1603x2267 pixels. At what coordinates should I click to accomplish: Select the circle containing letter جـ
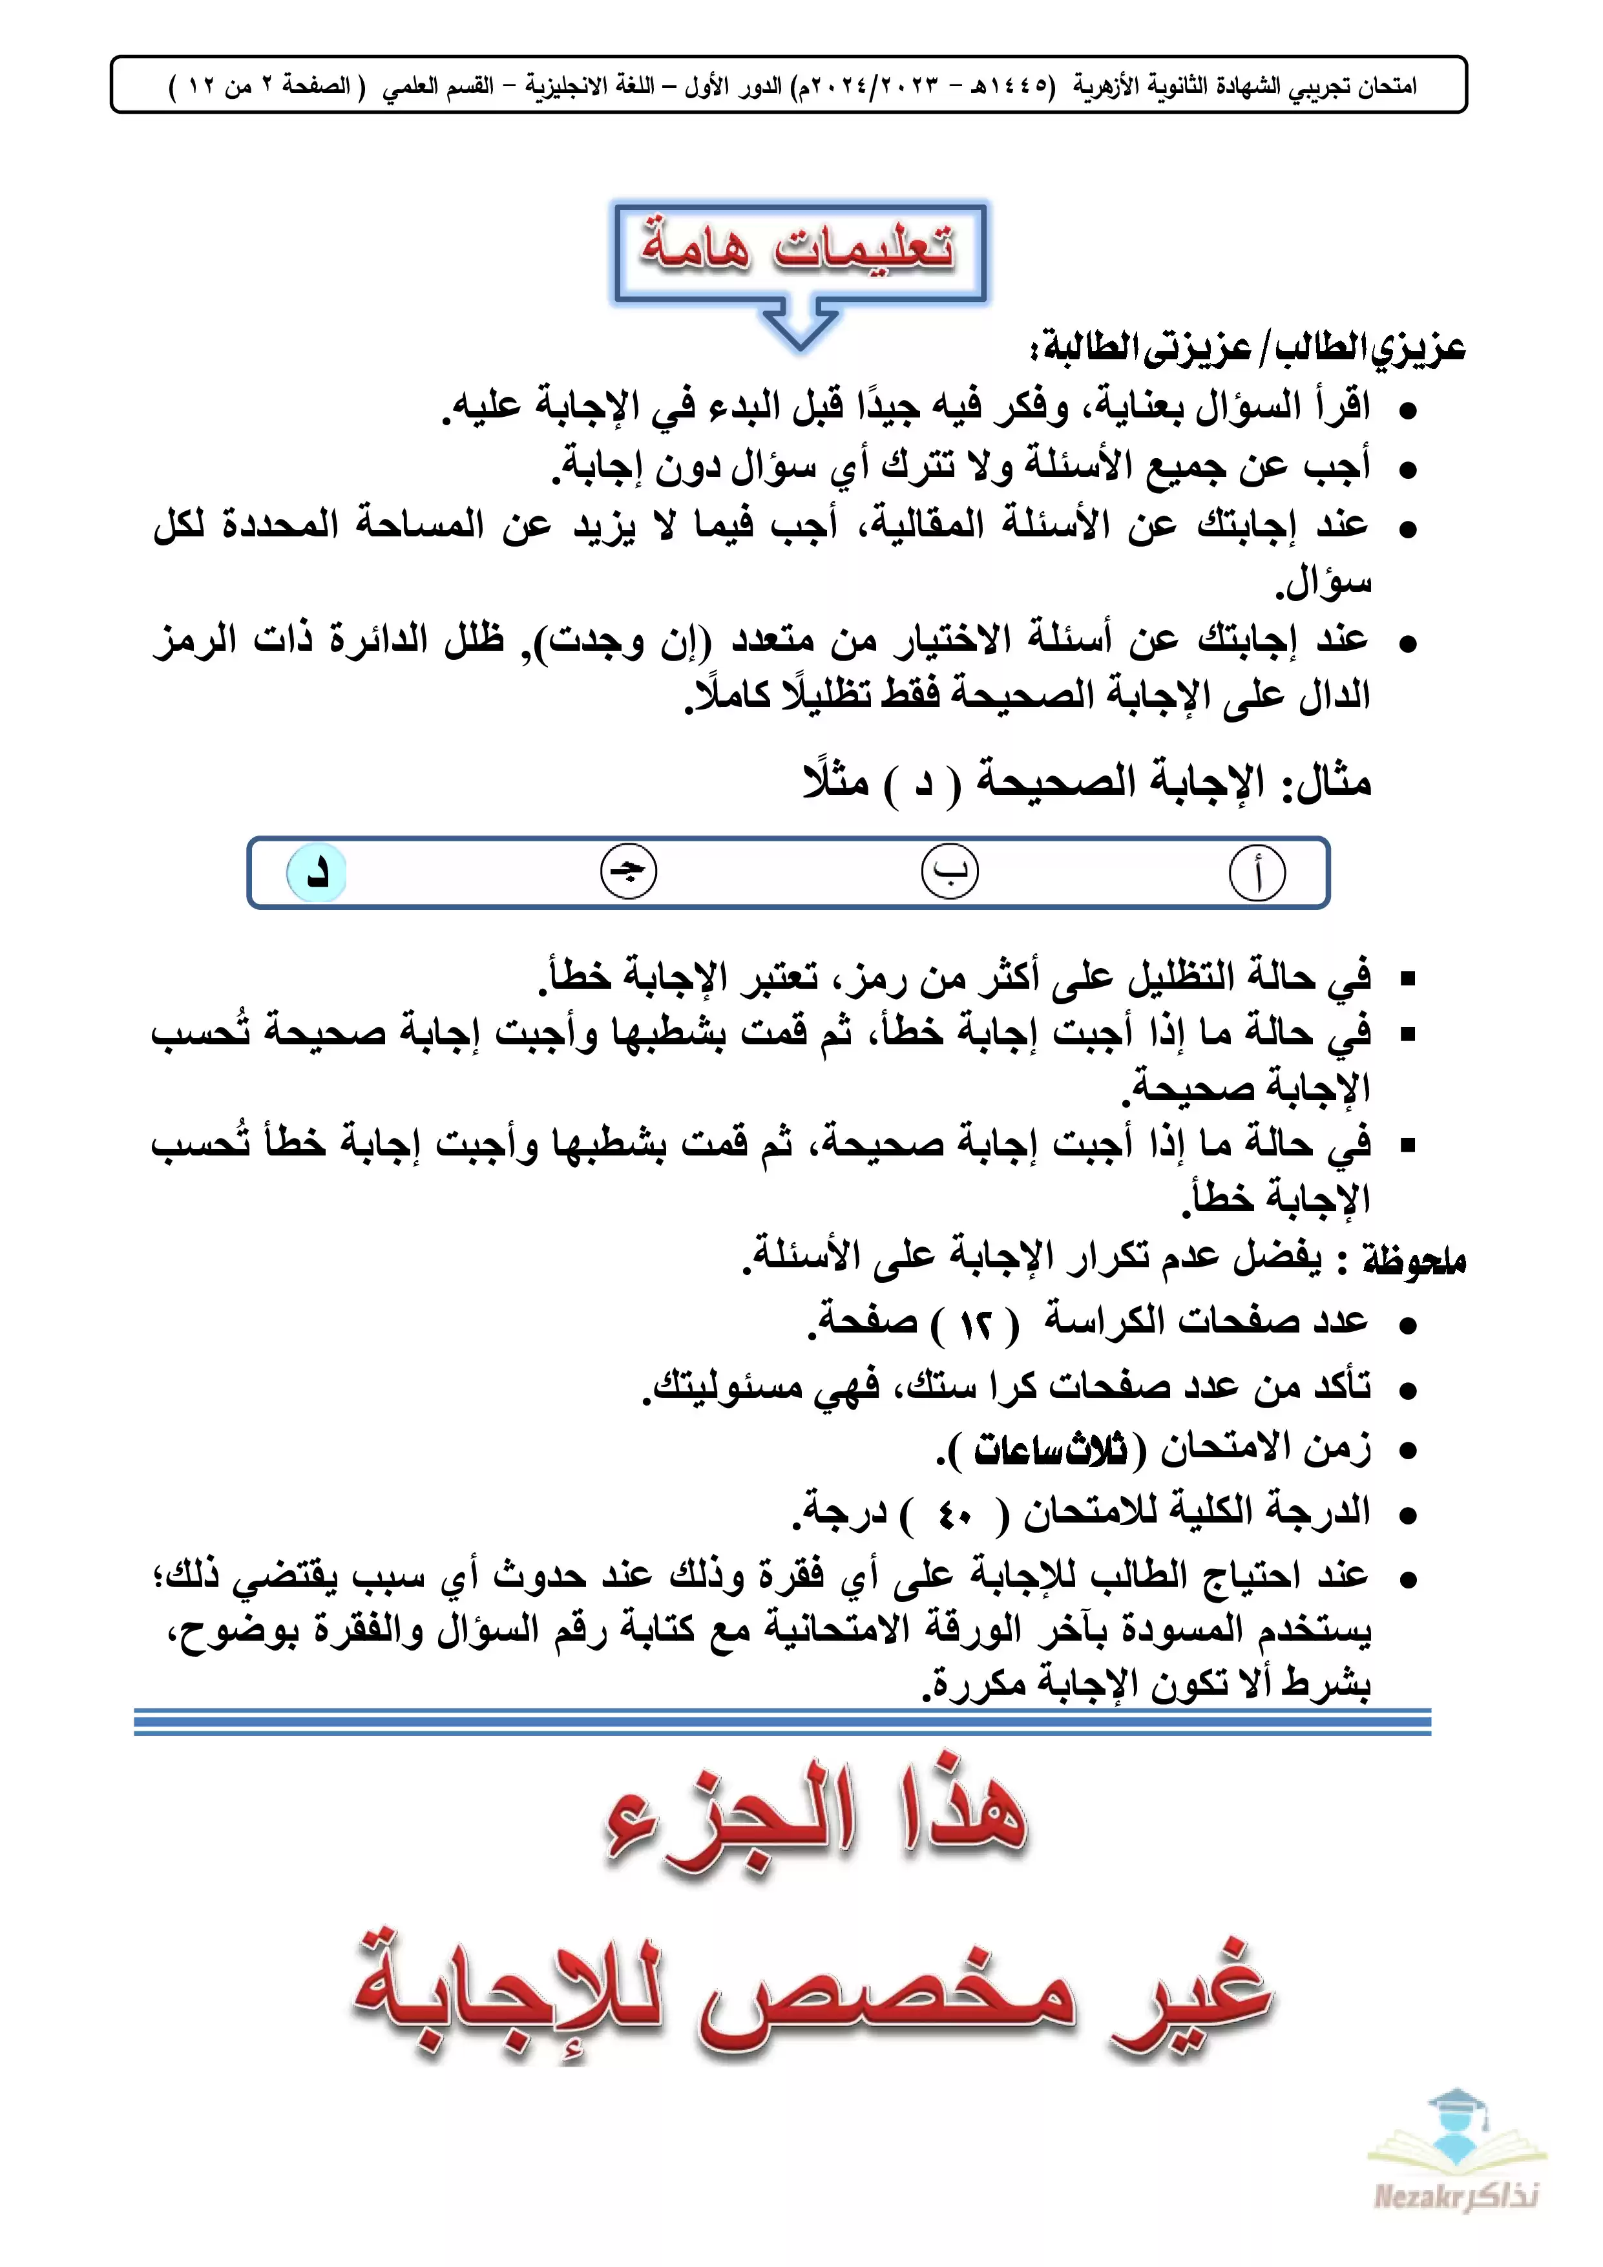[x=629, y=872]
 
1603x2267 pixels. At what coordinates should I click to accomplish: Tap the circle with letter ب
[x=950, y=872]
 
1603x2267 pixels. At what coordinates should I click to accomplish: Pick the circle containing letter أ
[x=1257, y=874]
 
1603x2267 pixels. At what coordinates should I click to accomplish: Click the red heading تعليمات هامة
[x=799, y=247]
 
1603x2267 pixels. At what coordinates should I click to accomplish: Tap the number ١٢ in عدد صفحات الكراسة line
[x=976, y=1325]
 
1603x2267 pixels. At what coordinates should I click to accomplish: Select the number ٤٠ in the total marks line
[x=956, y=1515]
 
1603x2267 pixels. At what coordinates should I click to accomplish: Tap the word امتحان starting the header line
[x=1387, y=86]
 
